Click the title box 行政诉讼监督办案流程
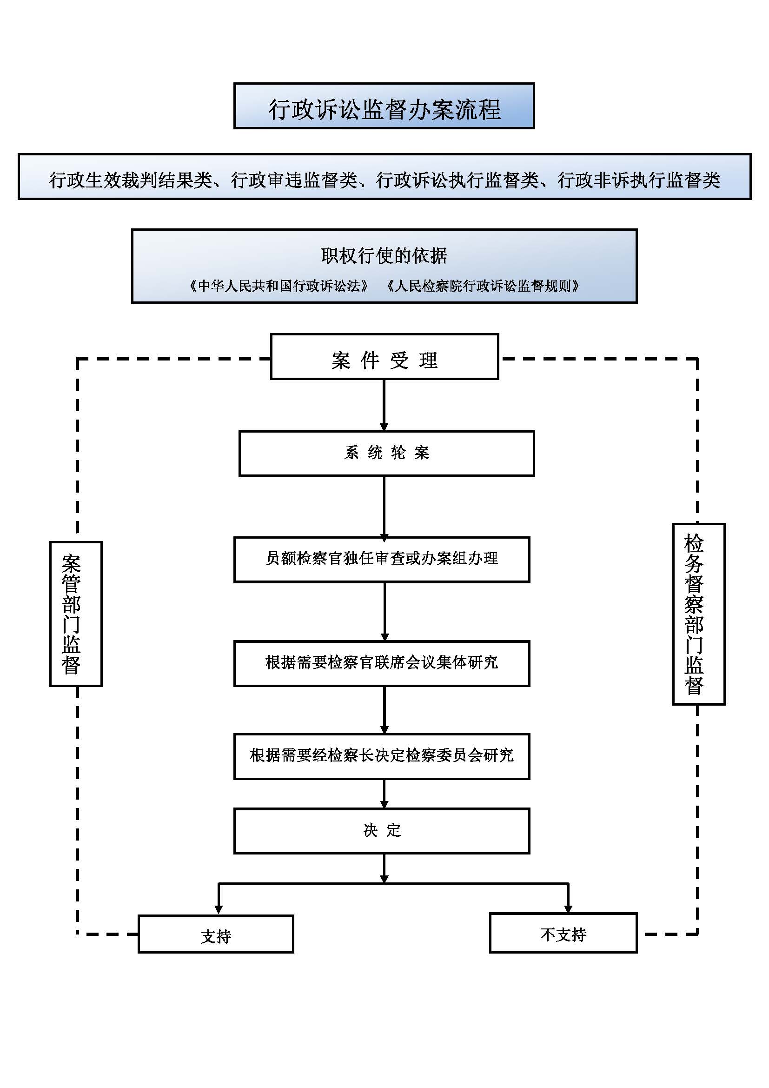click(384, 106)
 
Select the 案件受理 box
click(384, 356)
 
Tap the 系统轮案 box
click(386, 454)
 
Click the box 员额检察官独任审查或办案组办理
click(382, 560)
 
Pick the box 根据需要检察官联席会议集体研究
click(382, 663)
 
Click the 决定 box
click(382, 831)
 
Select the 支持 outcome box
click(216, 934)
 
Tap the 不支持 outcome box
click(563, 933)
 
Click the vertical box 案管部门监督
click(76, 614)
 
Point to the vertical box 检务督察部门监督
click(698, 614)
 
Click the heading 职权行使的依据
click(384, 256)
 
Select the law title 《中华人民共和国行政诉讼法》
click(279, 286)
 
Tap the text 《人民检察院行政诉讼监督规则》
click(483, 286)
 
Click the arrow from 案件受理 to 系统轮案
click(384, 405)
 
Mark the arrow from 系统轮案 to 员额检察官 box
click(384, 507)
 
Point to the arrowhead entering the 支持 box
click(219, 909)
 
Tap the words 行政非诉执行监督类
click(639, 180)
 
